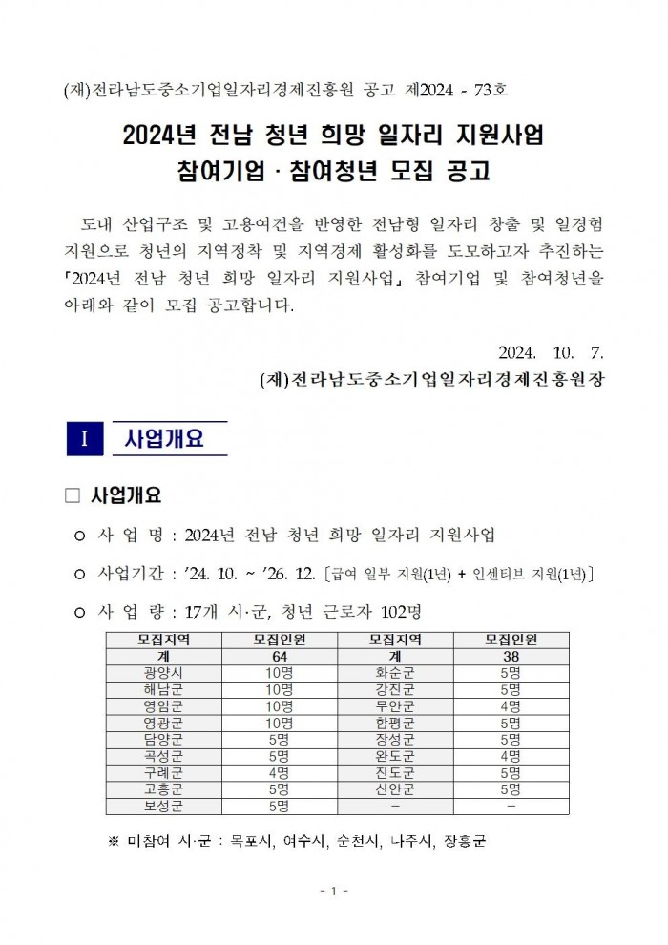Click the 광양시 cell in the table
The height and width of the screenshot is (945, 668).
[x=163, y=672]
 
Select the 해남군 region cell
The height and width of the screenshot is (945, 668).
[x=163, y=688]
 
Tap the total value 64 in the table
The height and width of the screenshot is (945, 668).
[x=280, y=656]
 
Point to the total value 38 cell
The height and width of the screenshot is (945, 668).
[x=511, y=656]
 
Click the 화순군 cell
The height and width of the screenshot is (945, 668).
[x=395, y=672]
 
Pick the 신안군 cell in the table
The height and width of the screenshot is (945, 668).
[x=395, y=789]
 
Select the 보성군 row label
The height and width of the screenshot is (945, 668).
[x=163, y=806]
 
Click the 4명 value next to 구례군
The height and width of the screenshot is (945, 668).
[x=280, y=772]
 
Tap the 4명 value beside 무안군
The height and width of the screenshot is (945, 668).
[x=511, y=705]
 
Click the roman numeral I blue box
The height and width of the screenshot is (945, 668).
[x=84, y=439]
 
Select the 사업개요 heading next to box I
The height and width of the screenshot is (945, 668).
[x=164, y=439]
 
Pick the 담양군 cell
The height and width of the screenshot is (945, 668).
[x=163, y=739]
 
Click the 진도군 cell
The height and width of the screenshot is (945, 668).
[x=395, y=772]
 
